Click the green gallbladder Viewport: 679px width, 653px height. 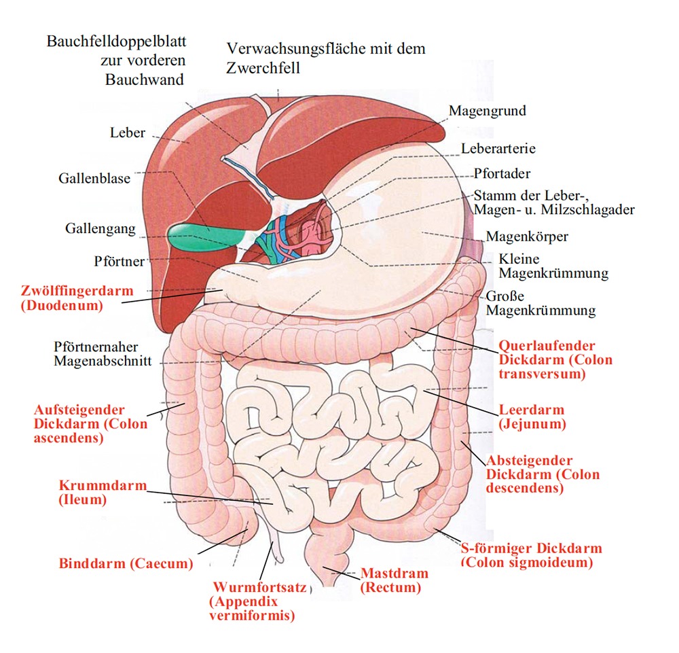tap(204, 236)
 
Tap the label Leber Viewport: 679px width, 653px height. tap(128, 133)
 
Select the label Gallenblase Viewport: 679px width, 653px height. tap(94, 178)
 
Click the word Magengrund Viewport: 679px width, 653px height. tap(487, 111)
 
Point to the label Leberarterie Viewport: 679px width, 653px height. tap(498, 149)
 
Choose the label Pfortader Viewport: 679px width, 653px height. tap(502, 174)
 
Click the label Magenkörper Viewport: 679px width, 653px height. tap(527, 236)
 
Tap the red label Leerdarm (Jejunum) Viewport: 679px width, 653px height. tap(532, 417)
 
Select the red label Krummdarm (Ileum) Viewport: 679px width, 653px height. tap(103, 492)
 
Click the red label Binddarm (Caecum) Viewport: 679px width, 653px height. tap(126, 564)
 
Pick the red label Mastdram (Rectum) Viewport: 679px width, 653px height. tap(394, 580)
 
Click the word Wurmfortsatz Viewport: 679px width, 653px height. tap(260, 588)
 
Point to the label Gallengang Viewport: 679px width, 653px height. tap(100, 228)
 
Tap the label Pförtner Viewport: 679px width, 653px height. tap(119, 262)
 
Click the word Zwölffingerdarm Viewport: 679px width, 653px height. tap(77, 290)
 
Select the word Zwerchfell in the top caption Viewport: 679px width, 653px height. tap(263, 68)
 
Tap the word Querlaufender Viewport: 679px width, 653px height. tap(547, 346)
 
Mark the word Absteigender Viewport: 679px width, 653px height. tap(529, 460)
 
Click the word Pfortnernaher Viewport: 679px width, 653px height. tap(96, 347)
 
